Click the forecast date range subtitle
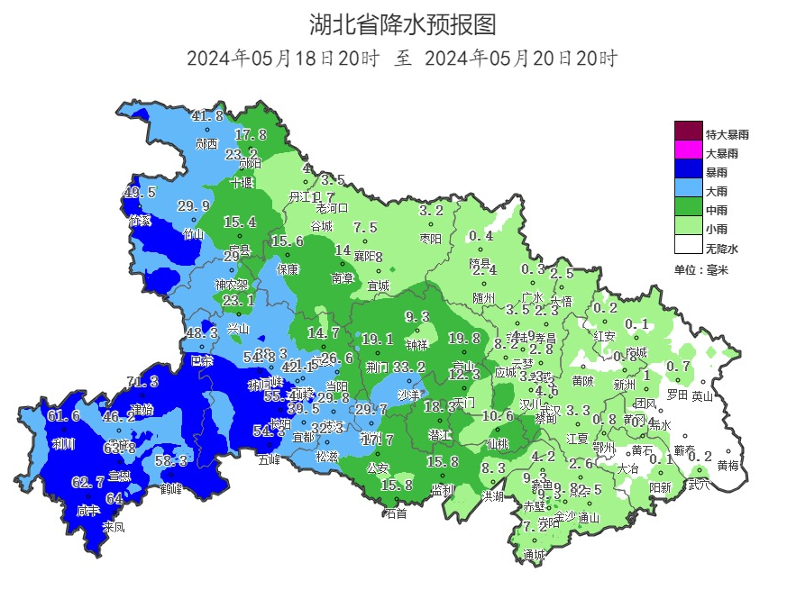(x=401, y=59)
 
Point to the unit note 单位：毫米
(x=701, y=269)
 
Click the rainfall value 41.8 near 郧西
(x=206, y=116)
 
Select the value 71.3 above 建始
(x=142, y=382)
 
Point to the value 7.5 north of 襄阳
(x=365, y=227)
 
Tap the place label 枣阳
(x=431, y=239)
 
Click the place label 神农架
(x=231, y=285)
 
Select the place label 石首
(x=395, y=513)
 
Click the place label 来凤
(x=114, y=527)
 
